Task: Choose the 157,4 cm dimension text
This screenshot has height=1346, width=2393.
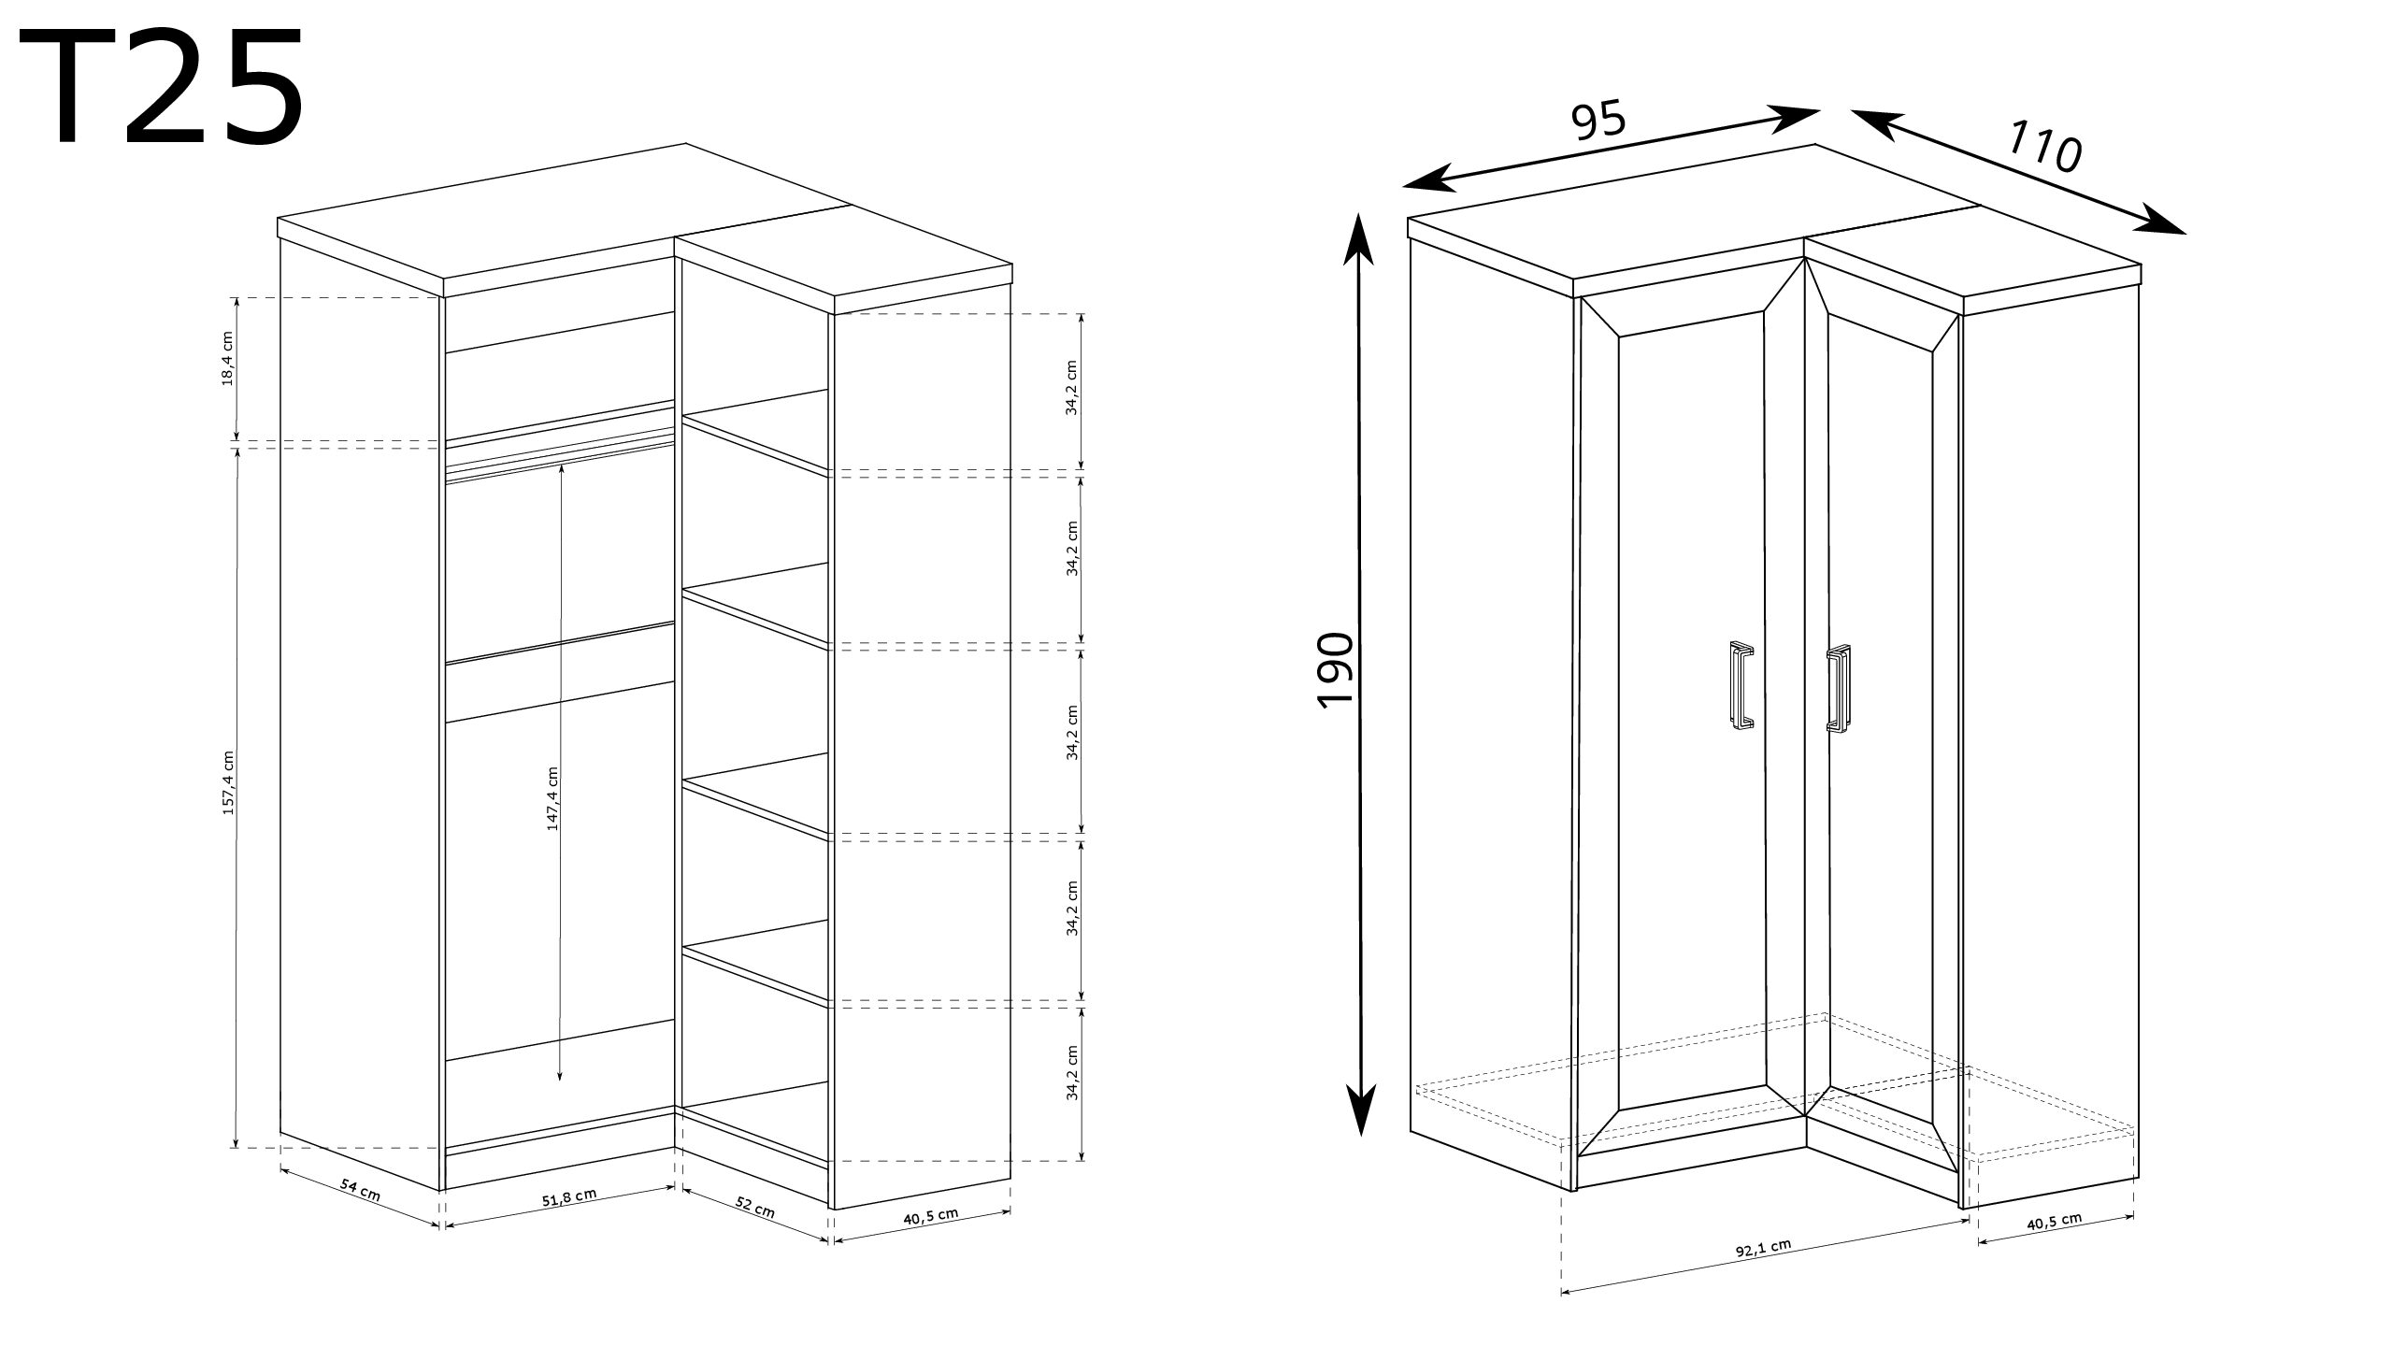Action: [228, 782]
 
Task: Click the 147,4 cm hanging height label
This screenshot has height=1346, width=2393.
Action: [552, 799]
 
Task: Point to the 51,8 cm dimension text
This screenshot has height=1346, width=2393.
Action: [569, 1197]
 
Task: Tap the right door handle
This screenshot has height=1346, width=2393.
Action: [1838, 689]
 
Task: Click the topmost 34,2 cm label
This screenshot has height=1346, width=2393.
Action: [1073, 387]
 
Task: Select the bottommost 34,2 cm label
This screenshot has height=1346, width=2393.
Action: [1073, 1072]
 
